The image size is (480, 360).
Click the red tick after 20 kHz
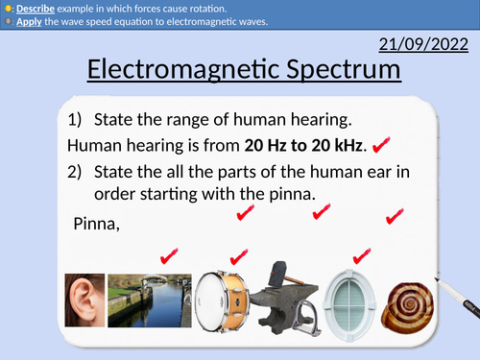tap(379, 145)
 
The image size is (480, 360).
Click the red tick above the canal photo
tap(170, 254)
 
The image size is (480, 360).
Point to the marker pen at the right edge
tap(460, 294)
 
